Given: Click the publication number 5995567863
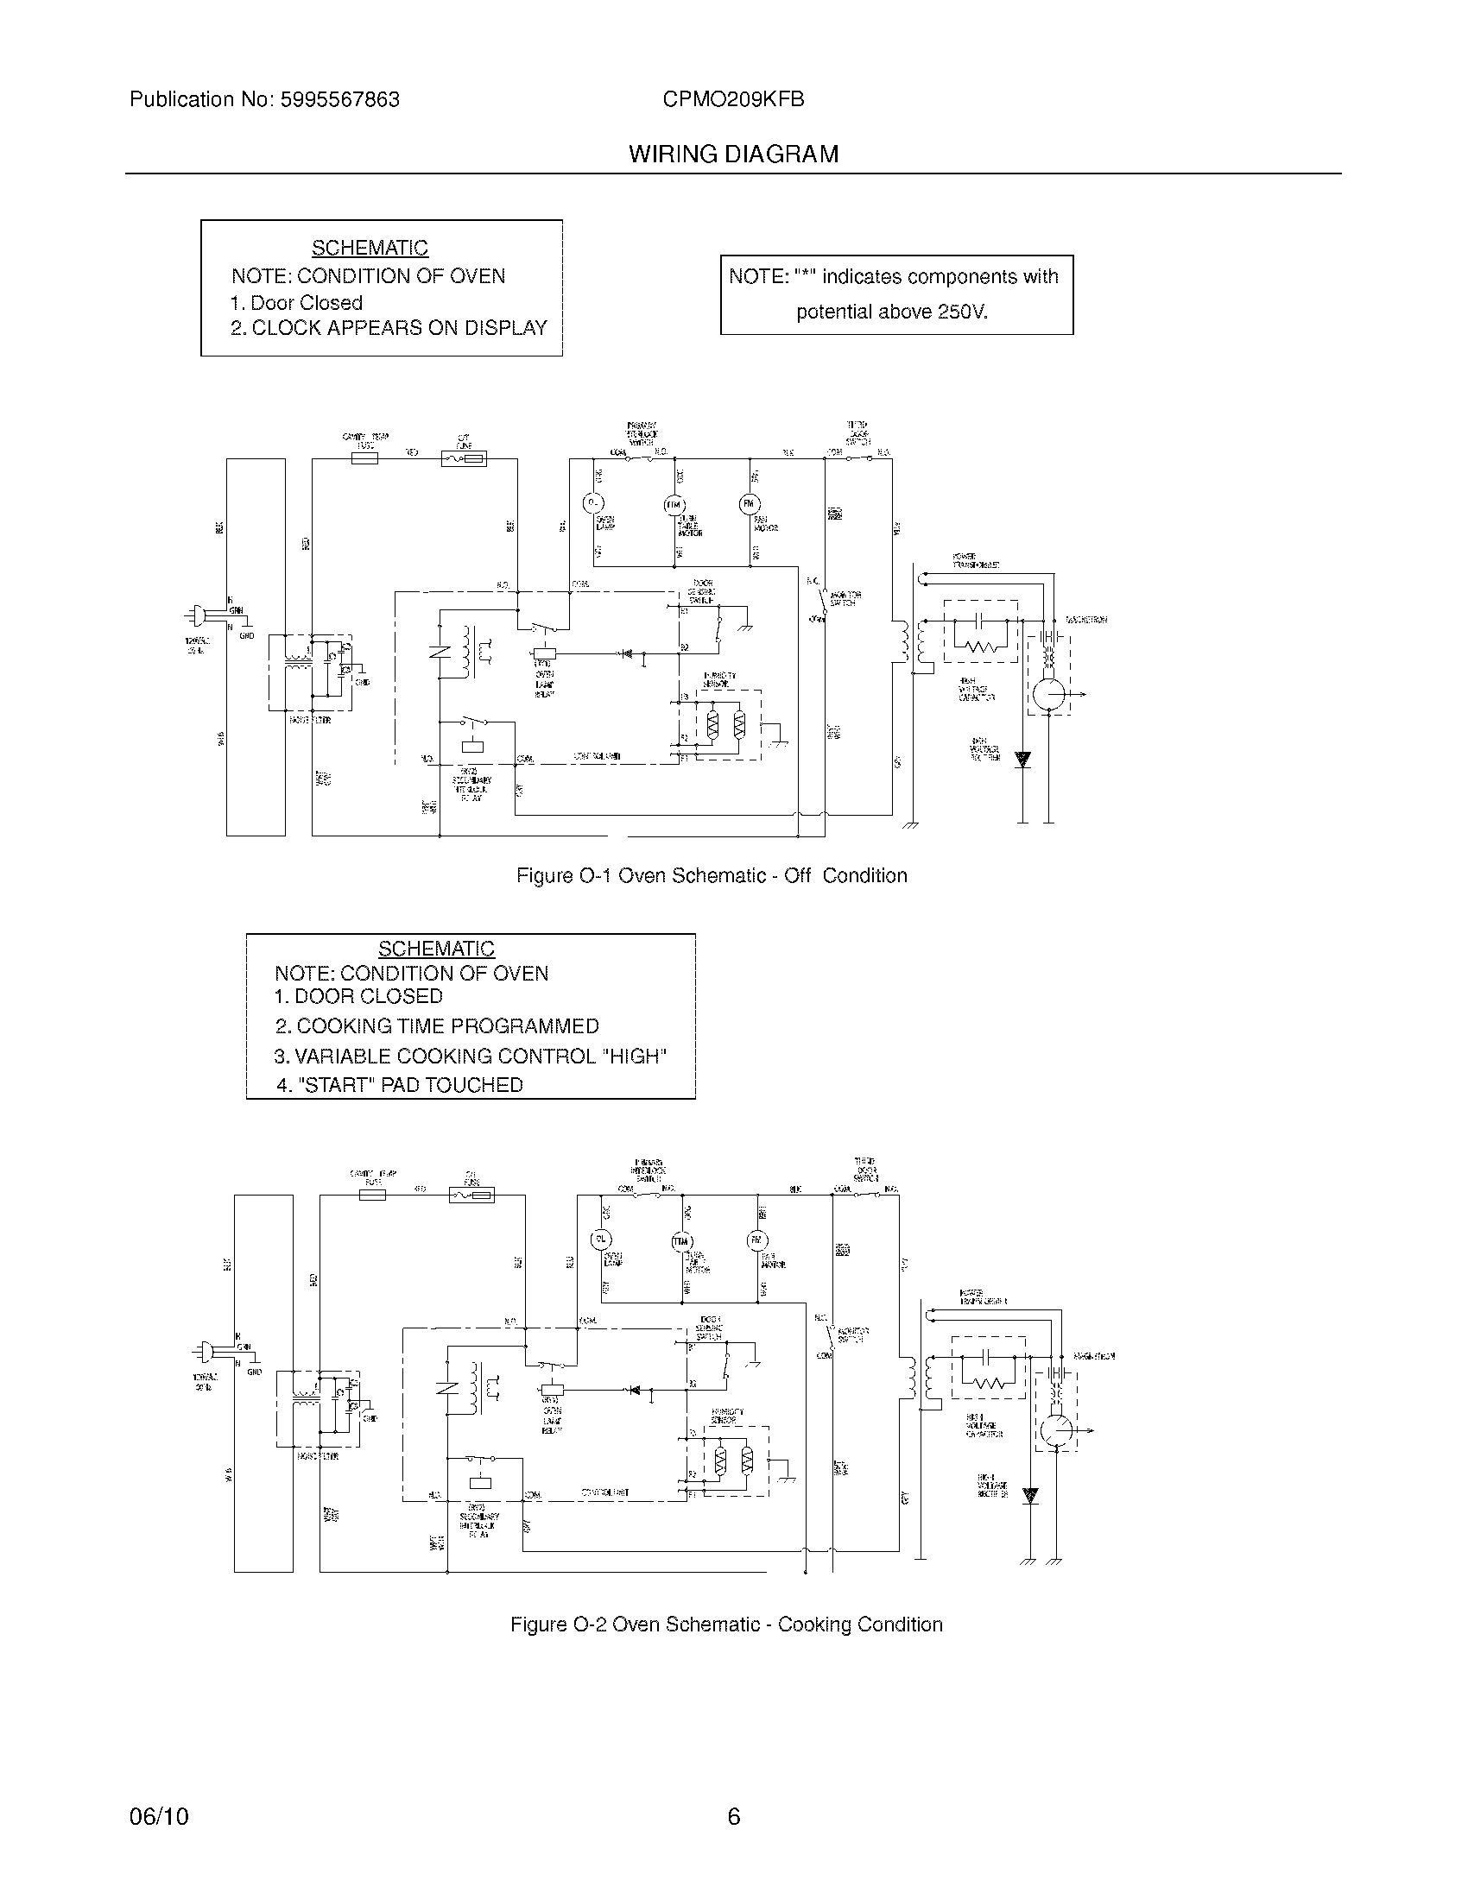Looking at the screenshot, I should click(x=340, y=100).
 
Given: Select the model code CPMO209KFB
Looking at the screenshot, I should click(x=732, y=100).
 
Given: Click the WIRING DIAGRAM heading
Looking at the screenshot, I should click(x=733, y=155).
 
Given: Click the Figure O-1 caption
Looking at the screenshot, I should click(x=712, y=875).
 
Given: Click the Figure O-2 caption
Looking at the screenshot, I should click(x=726, y=1625).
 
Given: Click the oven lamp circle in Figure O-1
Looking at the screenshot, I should click(x=592, y=502).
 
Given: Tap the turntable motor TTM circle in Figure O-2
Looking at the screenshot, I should click(x=680, y=1241).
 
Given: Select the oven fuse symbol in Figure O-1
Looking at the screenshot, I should click(x=463, y=458).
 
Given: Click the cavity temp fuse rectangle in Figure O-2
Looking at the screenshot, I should click(x=371, y=1196).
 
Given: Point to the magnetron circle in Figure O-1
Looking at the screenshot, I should click(x=1049, y=695).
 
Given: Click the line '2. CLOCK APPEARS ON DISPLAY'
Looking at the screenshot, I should click(x=388, y=328).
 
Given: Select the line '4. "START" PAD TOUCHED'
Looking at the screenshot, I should click(x=399, y=1085).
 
